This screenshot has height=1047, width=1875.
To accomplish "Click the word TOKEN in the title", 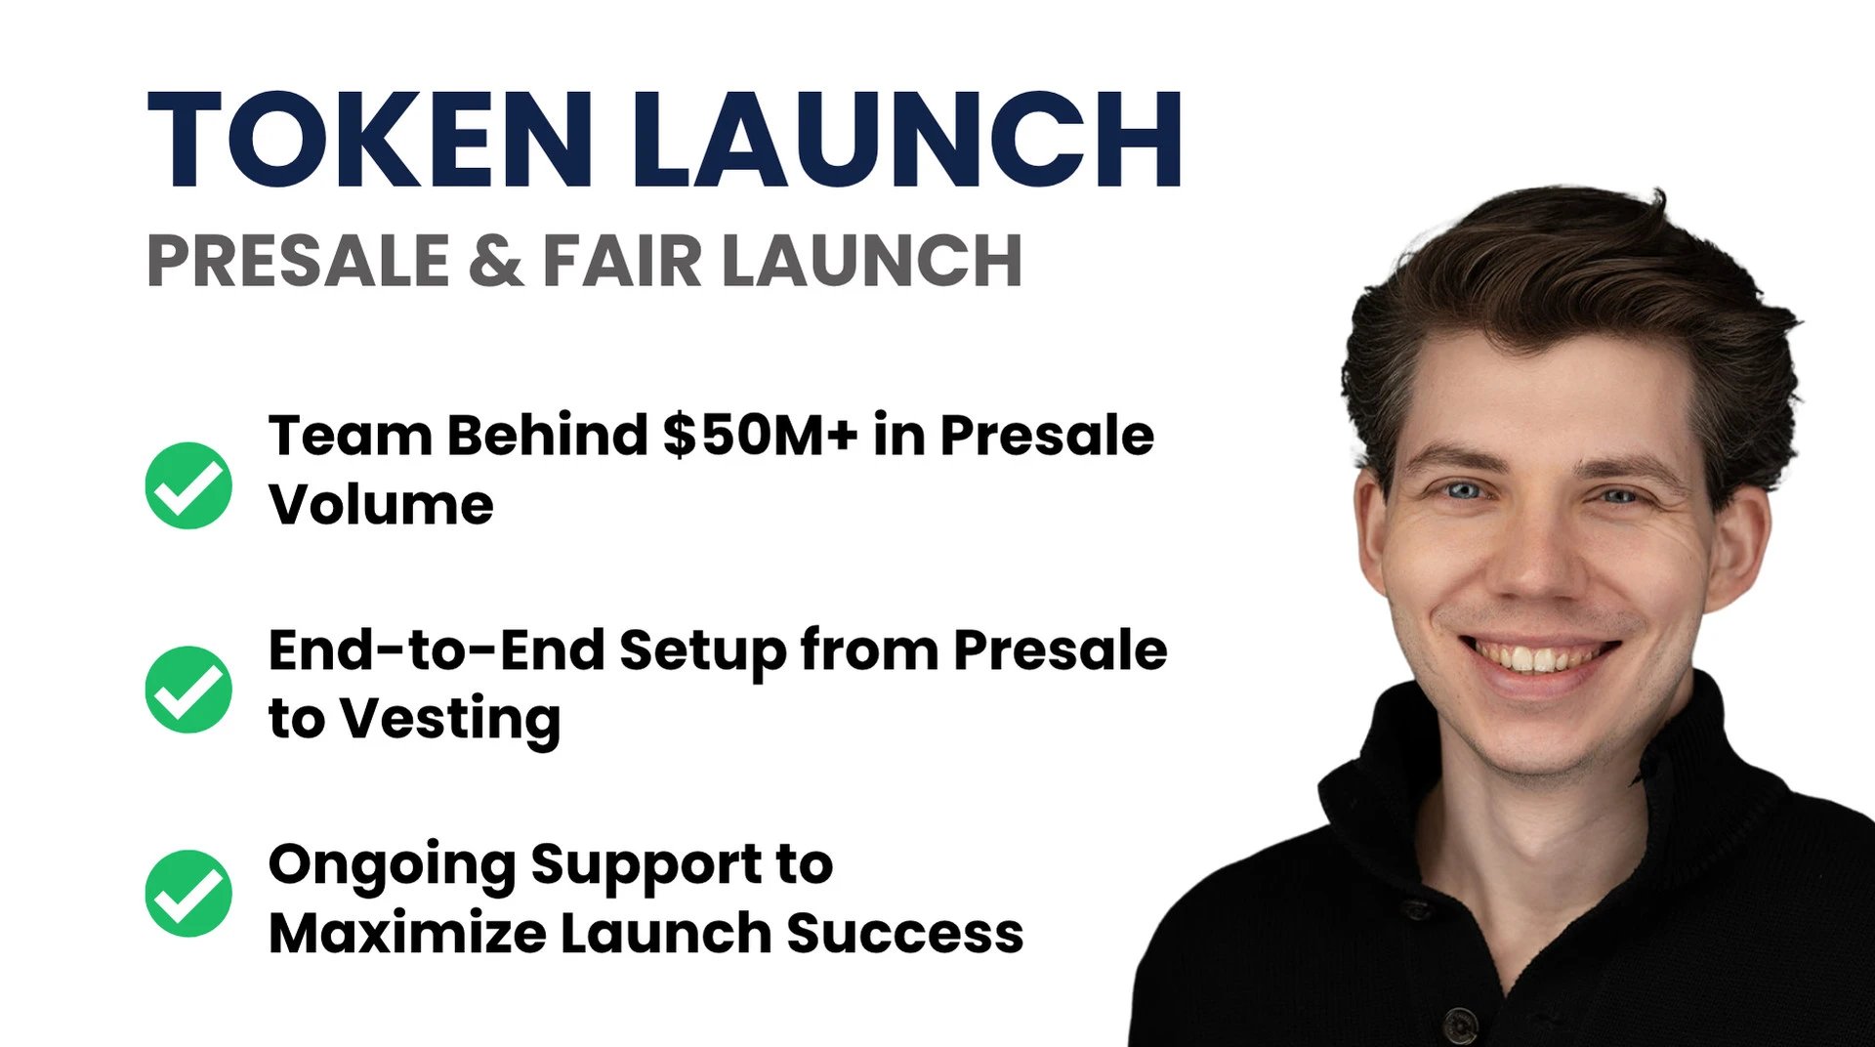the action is click(x=370, y=139).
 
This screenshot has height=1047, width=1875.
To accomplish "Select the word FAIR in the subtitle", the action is click(x=622, y=261).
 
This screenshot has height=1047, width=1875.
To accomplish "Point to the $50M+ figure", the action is click(x=761, y=435).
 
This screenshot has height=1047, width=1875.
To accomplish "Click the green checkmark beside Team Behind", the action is click(x=188, y=485).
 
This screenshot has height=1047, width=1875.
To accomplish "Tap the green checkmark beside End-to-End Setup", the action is click(x=188, y=690).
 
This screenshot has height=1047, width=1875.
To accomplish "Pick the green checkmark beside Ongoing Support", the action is click(x=188, y=893).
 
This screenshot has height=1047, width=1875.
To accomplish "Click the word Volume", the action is click(x=381, y=504).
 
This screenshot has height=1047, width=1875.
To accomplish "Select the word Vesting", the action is click(x=450, y=721).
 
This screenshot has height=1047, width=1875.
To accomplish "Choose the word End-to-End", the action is click(x=437, y=649).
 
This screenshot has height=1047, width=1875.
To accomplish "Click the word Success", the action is click(x=905, y=933).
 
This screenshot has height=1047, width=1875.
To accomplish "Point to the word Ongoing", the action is click(x=392, y=866).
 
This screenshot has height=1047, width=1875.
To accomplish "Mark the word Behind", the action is click(x=547, y=435).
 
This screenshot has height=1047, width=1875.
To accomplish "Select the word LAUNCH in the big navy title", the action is click(x=908, y=139).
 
